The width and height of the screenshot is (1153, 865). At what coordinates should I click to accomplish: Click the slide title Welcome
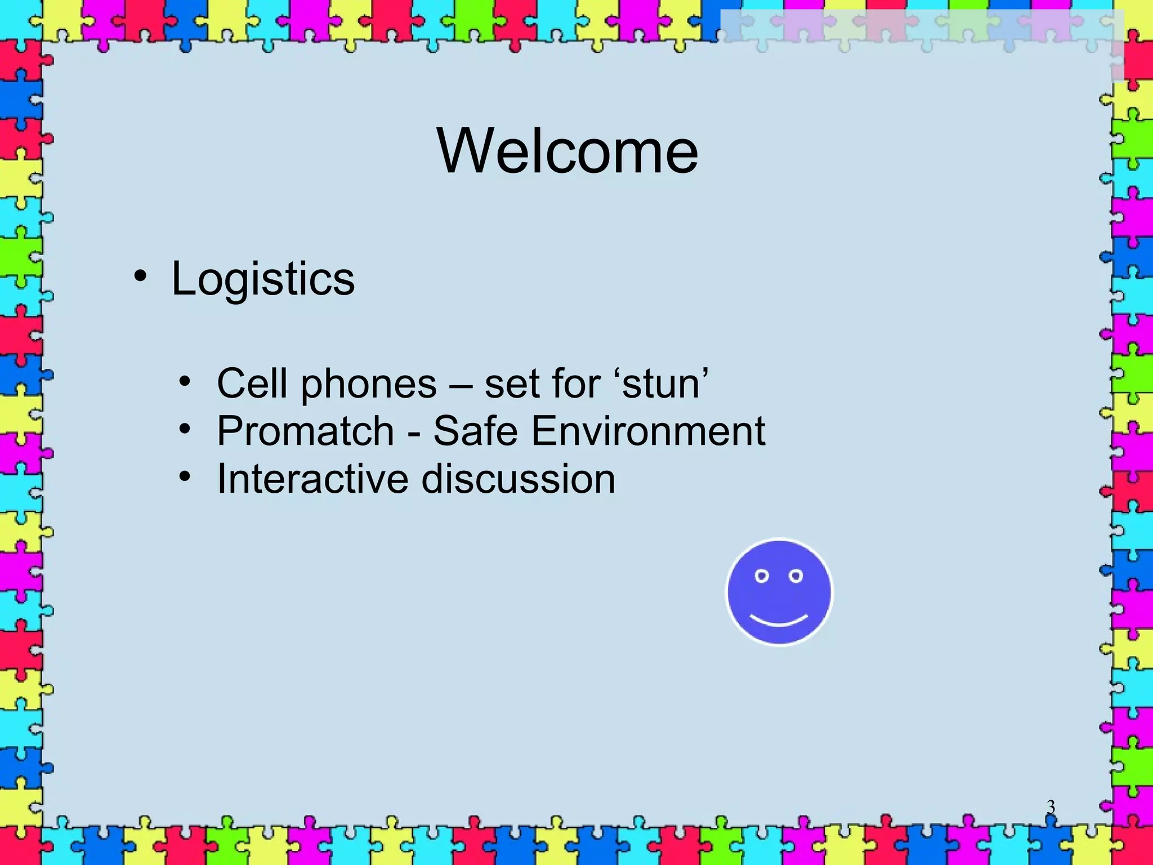click(567, 151)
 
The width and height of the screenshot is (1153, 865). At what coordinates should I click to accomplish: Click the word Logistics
click(263, 279)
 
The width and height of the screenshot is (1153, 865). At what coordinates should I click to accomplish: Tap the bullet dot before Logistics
click(140, 277)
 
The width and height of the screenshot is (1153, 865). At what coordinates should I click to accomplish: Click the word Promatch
click(305, 431)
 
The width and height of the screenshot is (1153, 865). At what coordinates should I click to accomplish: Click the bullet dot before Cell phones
click(185, 382)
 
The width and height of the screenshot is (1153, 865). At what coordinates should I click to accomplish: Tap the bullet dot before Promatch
click(185, 430)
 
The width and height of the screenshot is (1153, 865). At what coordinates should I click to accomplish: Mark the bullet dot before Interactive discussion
click(185, 478)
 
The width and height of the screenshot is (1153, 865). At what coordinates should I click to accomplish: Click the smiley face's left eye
click(762, 576)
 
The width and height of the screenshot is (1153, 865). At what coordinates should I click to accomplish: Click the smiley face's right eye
click(796, 576)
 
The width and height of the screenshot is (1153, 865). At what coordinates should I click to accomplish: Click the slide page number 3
click(1051, 808)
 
